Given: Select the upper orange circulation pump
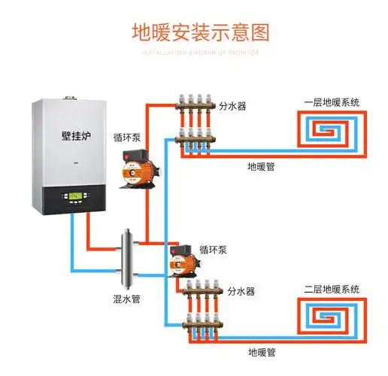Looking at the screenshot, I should pos(131,173).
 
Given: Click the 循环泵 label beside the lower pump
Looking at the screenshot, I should pos(213,248).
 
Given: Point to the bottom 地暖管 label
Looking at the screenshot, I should pos(261,350).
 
